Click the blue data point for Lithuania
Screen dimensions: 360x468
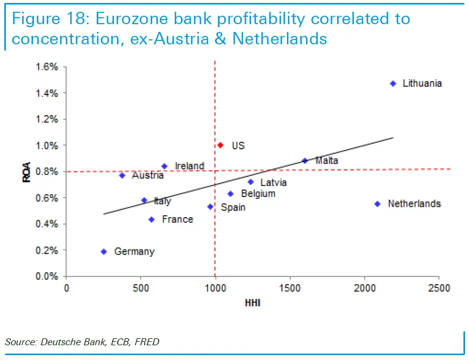[393, 84]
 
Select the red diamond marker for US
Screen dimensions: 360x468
[220, 145]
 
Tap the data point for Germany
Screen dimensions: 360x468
[104, 252]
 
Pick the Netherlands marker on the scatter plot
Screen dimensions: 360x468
[377, 204]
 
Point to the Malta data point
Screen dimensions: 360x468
[305, 161]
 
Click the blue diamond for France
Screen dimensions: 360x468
[152, 220]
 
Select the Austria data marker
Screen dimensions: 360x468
[122, 175]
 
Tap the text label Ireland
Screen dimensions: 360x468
[189, 166]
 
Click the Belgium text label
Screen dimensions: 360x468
[258, 194]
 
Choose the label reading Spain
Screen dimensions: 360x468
[233, 207]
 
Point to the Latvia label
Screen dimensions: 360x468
[273, 183]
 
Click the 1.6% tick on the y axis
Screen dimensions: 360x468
[47, 67]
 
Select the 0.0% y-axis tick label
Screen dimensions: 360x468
[47, 276]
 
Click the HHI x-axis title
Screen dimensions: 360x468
[252, 303]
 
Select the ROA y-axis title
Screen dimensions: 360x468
[27, 172]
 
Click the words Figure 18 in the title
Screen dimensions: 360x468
[48, 19]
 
